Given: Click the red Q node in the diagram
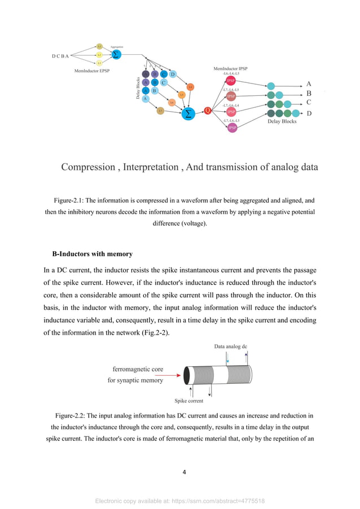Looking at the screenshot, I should click(208, 111).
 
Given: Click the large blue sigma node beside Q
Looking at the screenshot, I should click(188, 114).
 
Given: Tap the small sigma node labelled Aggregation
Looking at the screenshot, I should click(116, 55).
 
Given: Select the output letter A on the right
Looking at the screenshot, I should click(309, 84).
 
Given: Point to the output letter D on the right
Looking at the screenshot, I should click(309, 113).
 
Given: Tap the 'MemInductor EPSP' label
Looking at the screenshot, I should click(93, 71).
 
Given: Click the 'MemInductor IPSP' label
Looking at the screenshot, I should click(230, 69).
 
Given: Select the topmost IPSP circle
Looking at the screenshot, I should click(231, 81).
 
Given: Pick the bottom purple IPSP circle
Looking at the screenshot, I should click(232, 128).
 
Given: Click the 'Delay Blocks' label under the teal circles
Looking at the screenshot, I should click(281, 121).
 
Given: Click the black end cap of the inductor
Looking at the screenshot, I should click(187, 375).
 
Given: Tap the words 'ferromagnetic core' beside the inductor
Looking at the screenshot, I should click(138, 369).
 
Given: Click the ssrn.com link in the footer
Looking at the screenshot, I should click(226, 501).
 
